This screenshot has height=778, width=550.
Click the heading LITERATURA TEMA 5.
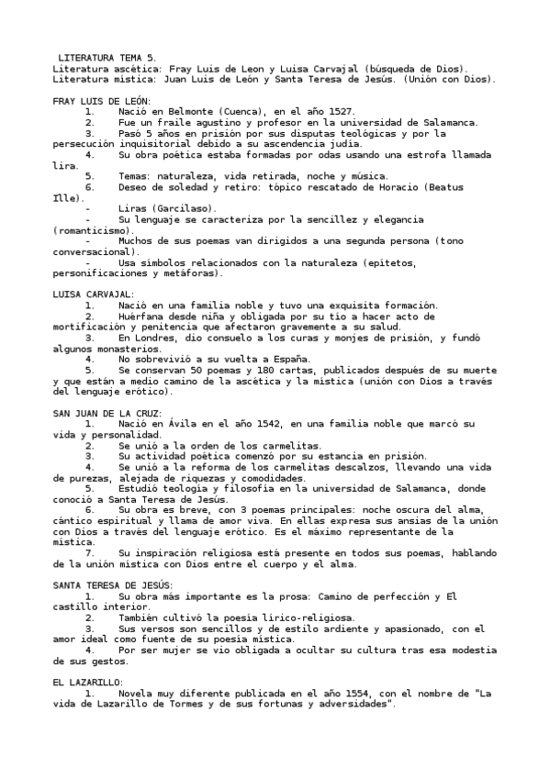tap(107, 58)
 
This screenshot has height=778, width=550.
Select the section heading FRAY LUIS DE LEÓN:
tap(102, 100)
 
